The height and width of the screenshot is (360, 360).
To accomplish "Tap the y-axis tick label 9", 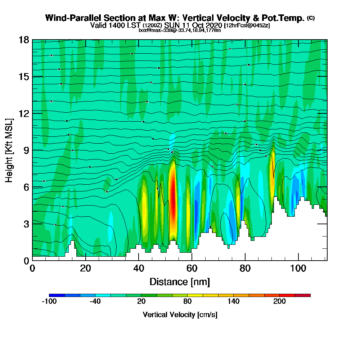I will pyautogui.click(x=26, y=150).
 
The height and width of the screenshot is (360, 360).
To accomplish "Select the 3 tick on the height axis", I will pyautogui.click(x=26, y=224).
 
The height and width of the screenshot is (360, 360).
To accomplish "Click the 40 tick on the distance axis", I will pyautogui.click(x=139, y=268).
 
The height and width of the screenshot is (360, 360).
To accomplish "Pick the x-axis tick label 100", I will pyautogui.click(x=298, y=268).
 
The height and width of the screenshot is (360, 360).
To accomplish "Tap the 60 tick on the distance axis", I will pyautogui.click(x=192, y=268).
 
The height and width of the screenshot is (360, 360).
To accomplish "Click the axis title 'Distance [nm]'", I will pyautogui.click(x=180, y=282).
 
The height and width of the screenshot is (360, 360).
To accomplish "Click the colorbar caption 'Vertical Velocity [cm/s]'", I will pyautogui.click(x=180, y=315).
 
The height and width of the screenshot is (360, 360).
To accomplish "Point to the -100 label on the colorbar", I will pyautogui.click(x=49, y=301).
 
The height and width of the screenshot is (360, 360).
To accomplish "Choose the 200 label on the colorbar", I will pyautogui.click(x=279, y=301).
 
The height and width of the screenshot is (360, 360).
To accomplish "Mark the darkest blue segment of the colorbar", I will pyautogui.click(x=57, y=295).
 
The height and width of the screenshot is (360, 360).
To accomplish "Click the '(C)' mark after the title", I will pyautogui.click(x=311, y=18).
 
